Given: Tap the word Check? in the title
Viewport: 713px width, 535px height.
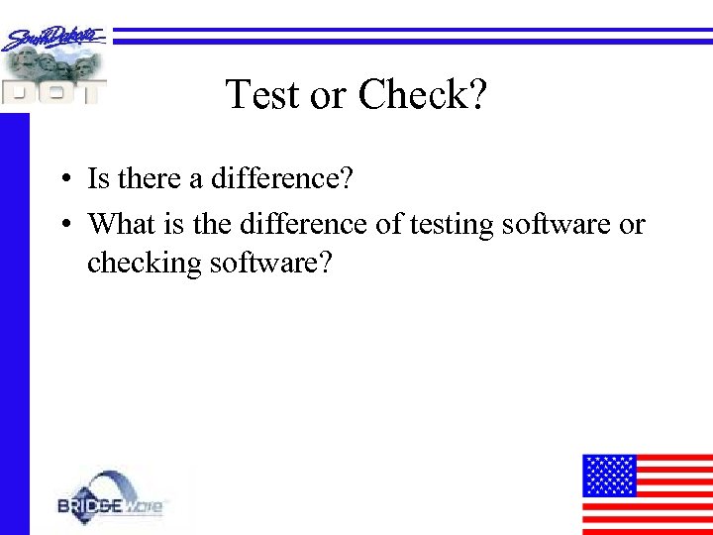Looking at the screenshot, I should point(423,95).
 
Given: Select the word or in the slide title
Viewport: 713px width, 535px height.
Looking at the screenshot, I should point(328,96).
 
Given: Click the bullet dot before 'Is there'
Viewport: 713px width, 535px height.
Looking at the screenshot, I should point(62,179).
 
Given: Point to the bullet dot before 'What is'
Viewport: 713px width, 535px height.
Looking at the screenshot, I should point(62,225).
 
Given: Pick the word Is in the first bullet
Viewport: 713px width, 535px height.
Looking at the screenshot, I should point(98,178).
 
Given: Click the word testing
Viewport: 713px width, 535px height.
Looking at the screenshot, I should point(450,226).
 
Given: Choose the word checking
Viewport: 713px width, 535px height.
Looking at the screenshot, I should point(145,266).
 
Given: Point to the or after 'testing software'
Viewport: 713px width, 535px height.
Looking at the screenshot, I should point(631,225).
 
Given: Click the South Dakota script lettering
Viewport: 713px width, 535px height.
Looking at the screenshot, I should point(54,39).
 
